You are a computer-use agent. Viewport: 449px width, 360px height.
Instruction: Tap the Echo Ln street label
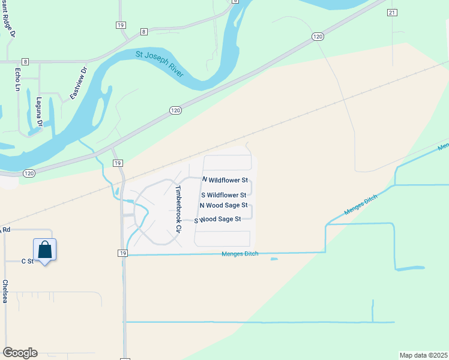pyautogui.click(x=17, y=78)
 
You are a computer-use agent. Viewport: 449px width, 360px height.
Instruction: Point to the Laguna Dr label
pyautogui.click(x=40, y=112)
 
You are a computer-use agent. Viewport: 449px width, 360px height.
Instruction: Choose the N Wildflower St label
pyautogui.click(x=225, y=180)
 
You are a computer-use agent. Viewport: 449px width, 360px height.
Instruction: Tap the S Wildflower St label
pyautogui.click(x=223, y=195)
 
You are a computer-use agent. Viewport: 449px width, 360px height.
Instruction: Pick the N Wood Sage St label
pyautogui.click(x=223, y=205)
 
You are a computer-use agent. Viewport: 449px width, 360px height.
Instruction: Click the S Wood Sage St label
pyautogui.click(x=217, y=220)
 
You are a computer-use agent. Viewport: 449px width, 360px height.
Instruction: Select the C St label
pyautogui.click(x=28, y=261)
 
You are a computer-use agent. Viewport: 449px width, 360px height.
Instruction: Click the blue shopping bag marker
pyautogui.click(x=45, y=250)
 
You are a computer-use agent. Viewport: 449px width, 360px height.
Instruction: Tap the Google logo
pyautogui.click(x=20, y=353)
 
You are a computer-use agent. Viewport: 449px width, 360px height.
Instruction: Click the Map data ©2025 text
pyautogui.click(x=423, y=355)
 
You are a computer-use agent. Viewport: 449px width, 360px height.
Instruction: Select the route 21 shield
pyautogui.click(x=392, y=12)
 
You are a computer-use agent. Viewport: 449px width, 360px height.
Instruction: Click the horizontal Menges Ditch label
pyautogui.click(x=240, y=254)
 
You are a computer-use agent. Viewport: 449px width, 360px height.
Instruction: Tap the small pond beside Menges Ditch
pyautogui.click(x=274, y=259)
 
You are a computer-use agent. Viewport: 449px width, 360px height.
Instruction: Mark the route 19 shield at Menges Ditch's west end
pyautogui.click(x=122, y=254)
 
